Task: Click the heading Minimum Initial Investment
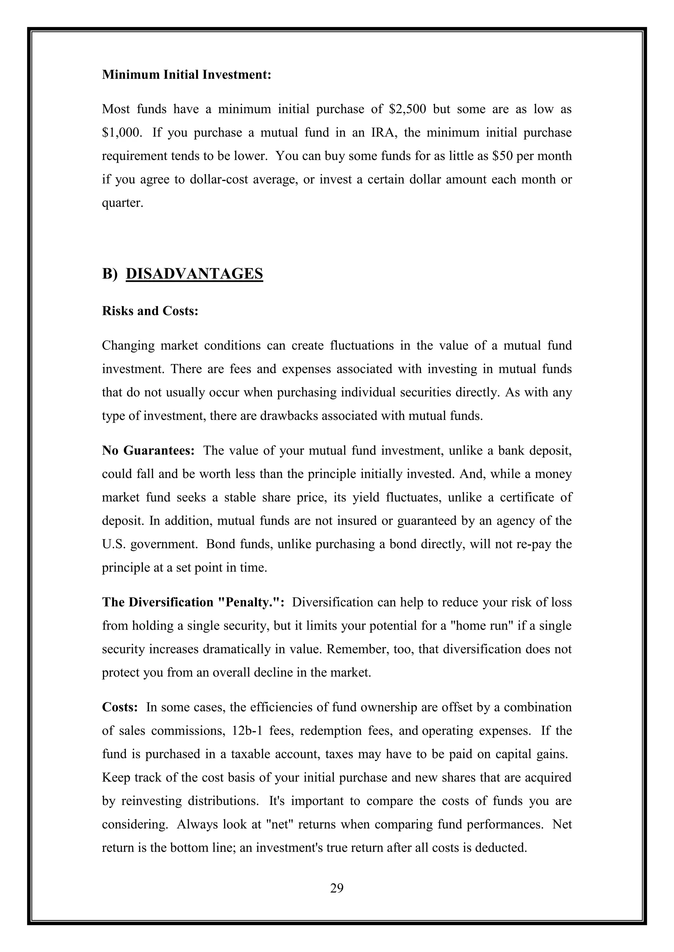click(186, 75)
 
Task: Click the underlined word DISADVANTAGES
click(194, 274)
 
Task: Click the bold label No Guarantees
click(148, 451)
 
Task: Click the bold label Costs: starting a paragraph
click(120, 707)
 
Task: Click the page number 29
click(337, 888)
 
